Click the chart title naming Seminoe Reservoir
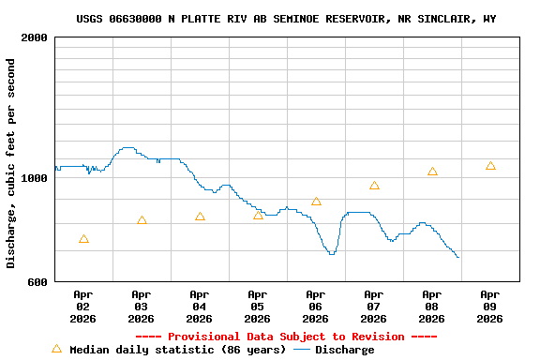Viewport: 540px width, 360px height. [x=286, y=19]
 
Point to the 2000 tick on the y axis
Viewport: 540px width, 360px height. [x=35, y=38]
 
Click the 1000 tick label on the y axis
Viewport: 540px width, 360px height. [x=35, y=178]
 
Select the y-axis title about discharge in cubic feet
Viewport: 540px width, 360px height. [x=11, y=163]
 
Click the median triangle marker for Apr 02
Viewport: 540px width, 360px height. [x=84, y=240]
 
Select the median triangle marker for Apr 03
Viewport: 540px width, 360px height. [x=142, y=221]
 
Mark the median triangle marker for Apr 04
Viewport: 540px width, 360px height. [x=200, y=217]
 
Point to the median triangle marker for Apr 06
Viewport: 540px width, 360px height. [x=316, y=202]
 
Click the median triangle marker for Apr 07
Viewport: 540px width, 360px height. [x=374, y=186]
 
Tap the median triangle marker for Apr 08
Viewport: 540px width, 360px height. [x=432, y=172]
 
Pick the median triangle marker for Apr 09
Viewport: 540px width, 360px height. [x=490, y=166]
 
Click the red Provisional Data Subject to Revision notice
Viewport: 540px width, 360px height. [x=286, y=337]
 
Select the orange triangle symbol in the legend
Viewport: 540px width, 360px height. [x=56, y=349]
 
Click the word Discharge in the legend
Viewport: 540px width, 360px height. [x=344, y=350]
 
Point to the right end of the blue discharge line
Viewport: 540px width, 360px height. [x=457, y=257]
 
